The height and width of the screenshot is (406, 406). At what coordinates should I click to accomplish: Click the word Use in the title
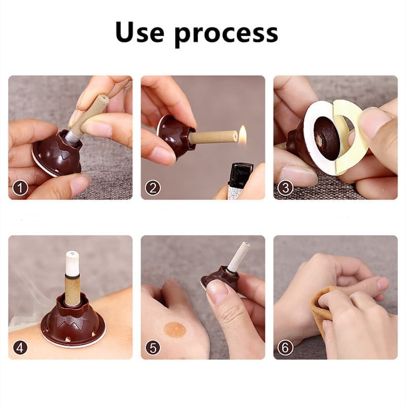pos(140,32)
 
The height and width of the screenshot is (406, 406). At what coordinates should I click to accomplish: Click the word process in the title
pos(226,35)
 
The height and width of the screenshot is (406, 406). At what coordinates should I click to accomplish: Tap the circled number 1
pos(20,188)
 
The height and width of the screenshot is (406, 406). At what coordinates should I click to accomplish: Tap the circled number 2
pos(153,188)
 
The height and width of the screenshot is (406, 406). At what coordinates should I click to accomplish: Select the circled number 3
pos(285,188)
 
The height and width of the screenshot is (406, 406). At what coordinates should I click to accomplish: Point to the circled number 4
pos(20,348)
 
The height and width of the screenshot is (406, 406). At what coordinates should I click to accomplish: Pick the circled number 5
pos(153,348)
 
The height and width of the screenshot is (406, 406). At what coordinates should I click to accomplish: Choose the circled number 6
pos(285,348)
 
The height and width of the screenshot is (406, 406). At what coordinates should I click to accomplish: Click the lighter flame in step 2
pos(243,133)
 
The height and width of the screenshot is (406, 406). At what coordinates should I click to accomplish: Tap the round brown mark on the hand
pos(175,330)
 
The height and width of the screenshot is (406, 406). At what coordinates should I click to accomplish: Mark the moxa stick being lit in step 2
pos(213,137)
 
